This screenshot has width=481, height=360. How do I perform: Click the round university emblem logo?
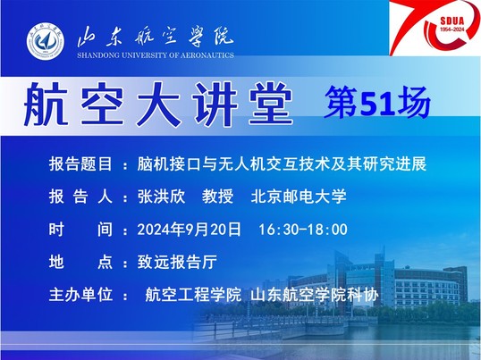pyautogui.click(x=46, y=41)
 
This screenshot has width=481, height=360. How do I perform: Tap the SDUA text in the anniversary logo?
pyautogui.click(x=452, y=21)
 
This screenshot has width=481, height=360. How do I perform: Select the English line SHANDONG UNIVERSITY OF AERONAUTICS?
pyautogui.click(x=156, y=55)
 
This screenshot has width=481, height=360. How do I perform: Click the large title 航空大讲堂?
pyautogui.click(x=158, y=105)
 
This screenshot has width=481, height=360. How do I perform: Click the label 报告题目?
pyautogui.click(x=80, y=163)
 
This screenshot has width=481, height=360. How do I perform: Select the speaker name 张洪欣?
pyautogui.click(x=162, y=197)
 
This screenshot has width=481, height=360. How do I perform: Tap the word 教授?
pyautogui.click(x=218, y=197)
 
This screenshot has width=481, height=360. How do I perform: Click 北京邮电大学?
pyautogui.click(x=299, y=197)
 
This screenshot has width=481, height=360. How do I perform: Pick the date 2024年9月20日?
pyautogui.click(x=189, y=230)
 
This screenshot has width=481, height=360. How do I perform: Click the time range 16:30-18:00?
pyautogui.click(x=303, y=230)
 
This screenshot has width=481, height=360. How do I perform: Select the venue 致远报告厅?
pyautogui.click(x=177, y=263)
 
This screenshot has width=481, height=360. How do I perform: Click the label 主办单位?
pyautogui.click(x=80, y=295)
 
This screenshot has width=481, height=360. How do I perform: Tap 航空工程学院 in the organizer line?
pyautogui.click(x=193, y=295)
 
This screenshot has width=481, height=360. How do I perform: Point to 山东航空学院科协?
pyautogui.click(x=315, y=295)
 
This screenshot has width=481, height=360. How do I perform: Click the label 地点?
pyautogui.click(x=80, y=263)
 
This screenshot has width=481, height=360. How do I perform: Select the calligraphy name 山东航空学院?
pyautogui.click(x=156, y=38)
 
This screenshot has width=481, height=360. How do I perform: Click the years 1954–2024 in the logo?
pyautogui.click(x=452, y=29)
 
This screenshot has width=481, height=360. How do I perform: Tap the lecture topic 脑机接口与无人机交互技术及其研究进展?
pyautogui.click(x=282, y=163)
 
